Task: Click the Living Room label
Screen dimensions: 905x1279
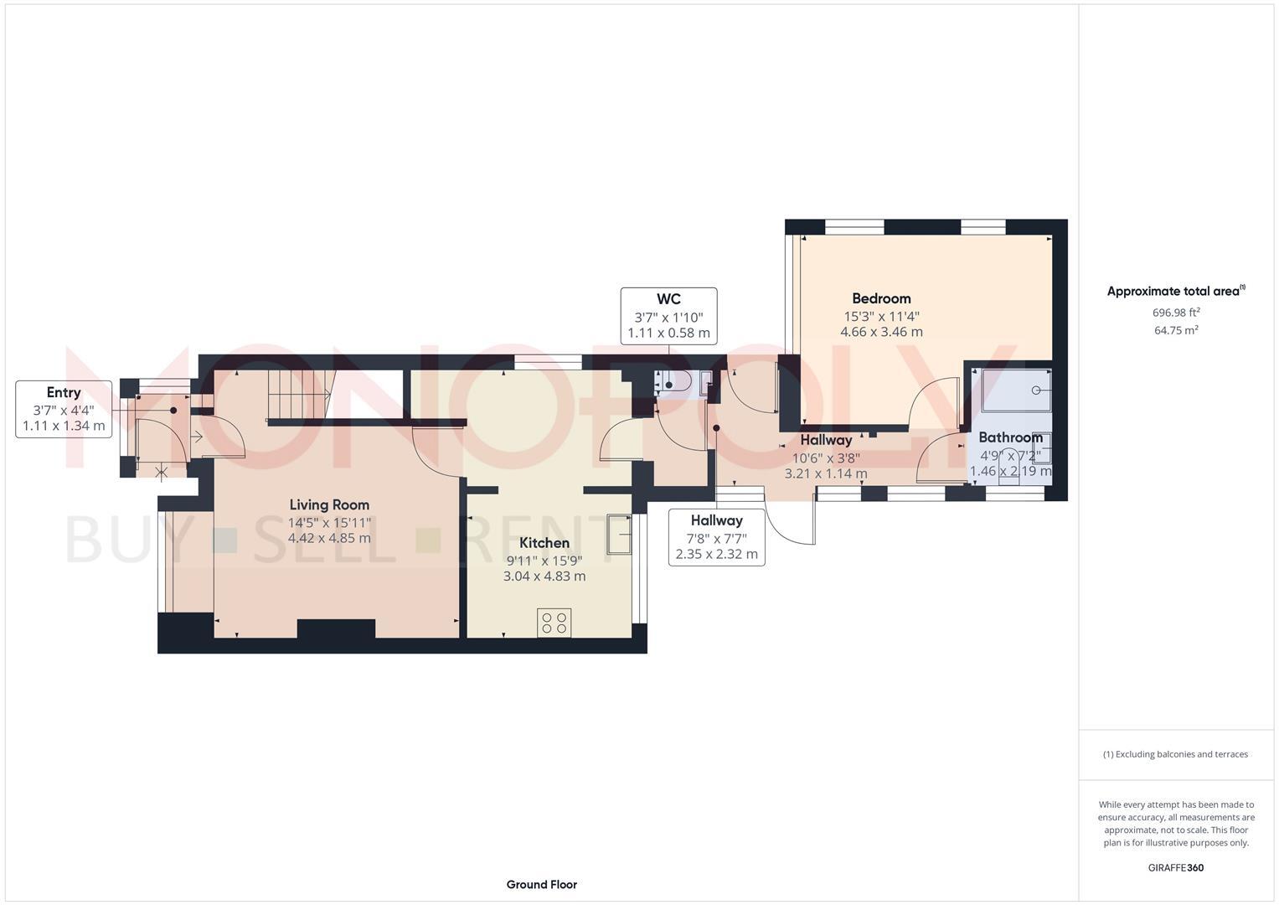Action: coord(329,504)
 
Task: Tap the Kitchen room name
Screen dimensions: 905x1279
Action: coord(544,543)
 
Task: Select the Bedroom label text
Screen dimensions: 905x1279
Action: coord(881,298)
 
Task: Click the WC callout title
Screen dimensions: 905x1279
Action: coord(668,299)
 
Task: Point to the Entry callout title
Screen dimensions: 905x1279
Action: coord(64,392)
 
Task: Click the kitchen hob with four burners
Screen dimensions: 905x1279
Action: coord(554,623)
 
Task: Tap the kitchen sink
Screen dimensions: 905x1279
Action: coord(619,535)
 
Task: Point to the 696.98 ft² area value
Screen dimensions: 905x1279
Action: coord(1176,313)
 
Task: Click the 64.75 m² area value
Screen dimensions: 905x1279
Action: coord(1176,330)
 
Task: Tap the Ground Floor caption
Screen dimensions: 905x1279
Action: coord(541,884)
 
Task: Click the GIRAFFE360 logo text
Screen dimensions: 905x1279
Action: coord(1175,867)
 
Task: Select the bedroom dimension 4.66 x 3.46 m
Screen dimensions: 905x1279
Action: coord(881,332)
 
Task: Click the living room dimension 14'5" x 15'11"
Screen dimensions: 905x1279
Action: coord(329,522)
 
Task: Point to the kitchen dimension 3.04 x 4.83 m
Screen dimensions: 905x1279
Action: coord(544,577)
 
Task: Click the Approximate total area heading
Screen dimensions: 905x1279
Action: coord(1175,292)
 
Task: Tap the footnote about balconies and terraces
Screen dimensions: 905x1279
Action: coord(1175,754)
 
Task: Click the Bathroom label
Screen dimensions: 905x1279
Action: coord(1010,437)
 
